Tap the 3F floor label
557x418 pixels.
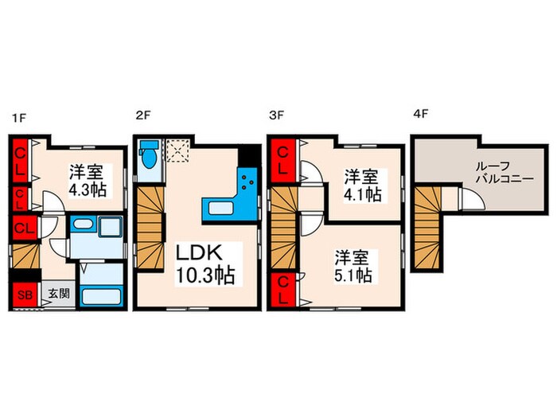pos(275,116)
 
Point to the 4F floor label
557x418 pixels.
pos(421,116)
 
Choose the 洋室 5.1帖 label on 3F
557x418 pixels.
pos(352,267)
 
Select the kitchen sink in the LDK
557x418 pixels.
pos(220,209)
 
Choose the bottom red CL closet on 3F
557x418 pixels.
pos(282,289)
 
